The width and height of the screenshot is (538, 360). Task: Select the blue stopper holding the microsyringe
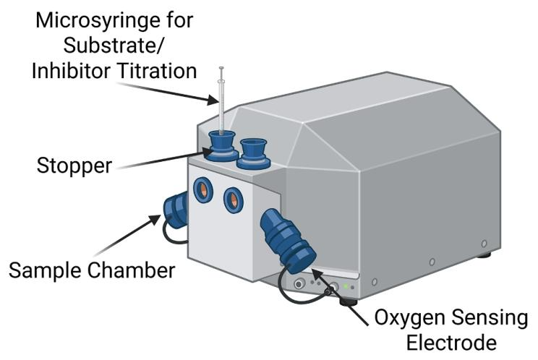click(x=221, y=143)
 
